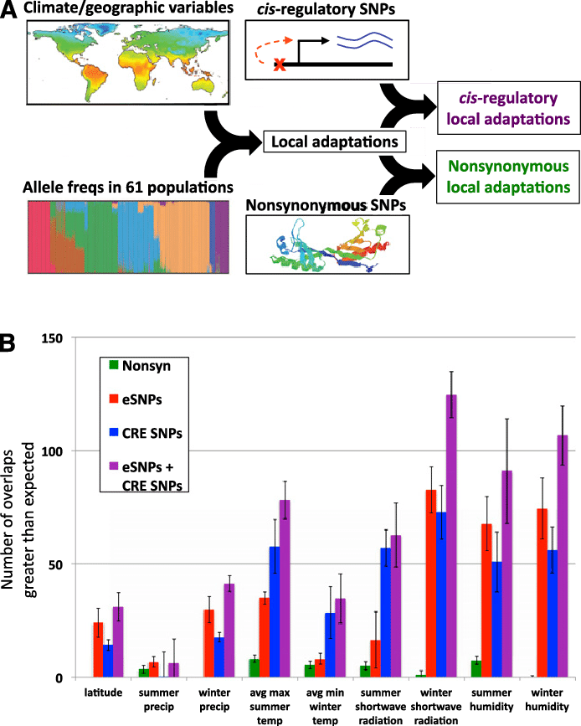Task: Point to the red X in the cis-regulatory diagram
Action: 280,64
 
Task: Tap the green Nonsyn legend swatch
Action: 114,365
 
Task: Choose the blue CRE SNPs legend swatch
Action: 114,434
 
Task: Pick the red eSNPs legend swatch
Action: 114,399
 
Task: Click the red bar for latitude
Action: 99,650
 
